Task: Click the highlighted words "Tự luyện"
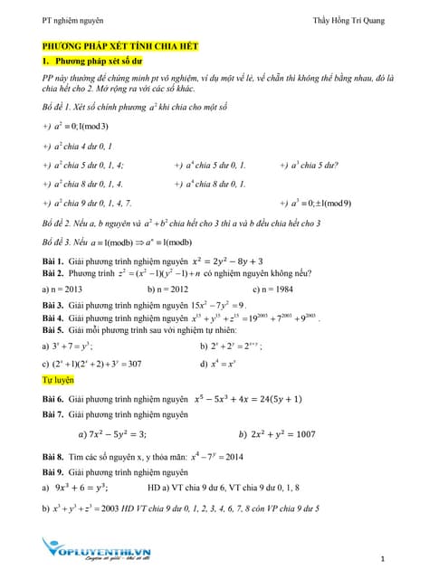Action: [x=60, y=382]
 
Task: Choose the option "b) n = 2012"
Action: [x=169, y=289]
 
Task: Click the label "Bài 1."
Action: [x=52, y=261]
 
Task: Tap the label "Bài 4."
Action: [x=52, y=318]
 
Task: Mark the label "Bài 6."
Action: [x=52, y=399]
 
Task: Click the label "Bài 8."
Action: [x=52, y=458]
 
